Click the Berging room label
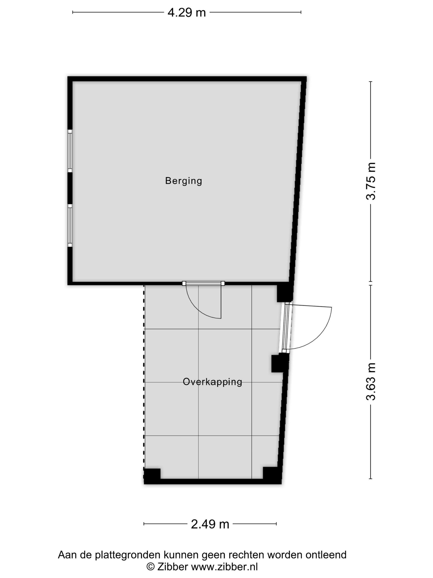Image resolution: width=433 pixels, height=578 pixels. coord(184,181)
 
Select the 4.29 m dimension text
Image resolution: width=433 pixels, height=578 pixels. coord(187,12)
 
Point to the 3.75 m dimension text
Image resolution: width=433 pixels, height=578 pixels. coord(371,181)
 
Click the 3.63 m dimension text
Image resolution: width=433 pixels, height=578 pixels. coord(371,381)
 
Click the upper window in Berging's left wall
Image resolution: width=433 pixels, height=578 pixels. coord(70,151)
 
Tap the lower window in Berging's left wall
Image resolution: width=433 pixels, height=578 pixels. coord(70,225)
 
